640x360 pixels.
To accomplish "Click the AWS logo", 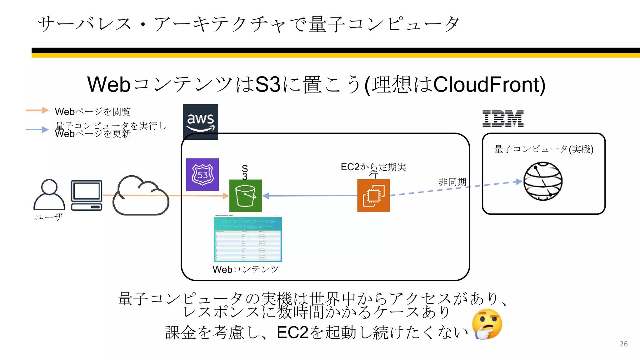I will (x=200, y=122).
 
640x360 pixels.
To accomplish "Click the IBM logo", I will (x=503, y=118).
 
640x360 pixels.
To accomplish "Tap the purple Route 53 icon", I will (x=202, y=174).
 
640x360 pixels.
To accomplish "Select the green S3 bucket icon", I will (x=246, y=196).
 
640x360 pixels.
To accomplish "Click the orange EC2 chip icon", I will (x=373, y=195).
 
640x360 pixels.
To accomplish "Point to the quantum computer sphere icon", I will (x=543, y=181).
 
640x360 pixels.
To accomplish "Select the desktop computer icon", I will (x=87, y=195).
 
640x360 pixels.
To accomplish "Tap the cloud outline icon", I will (x=141, y=196).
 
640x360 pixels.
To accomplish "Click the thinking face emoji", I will (x=487, y=324).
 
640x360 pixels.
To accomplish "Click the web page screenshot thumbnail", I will (x=248, y=239).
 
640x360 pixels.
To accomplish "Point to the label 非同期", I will (x=452, y=182).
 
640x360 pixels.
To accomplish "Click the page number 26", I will (x=623, y=344).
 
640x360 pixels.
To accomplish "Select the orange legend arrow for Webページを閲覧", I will (x=37, y=110).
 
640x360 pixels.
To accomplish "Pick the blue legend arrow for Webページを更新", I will (x=37, y=129).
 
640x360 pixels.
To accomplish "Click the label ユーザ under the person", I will (x=49, y=217).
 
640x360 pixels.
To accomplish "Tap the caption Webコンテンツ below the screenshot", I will (x=246, y=269).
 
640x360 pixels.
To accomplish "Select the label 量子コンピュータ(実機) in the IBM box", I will (x=543, y=149).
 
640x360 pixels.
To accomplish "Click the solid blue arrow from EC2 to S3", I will (x=311, y=196).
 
